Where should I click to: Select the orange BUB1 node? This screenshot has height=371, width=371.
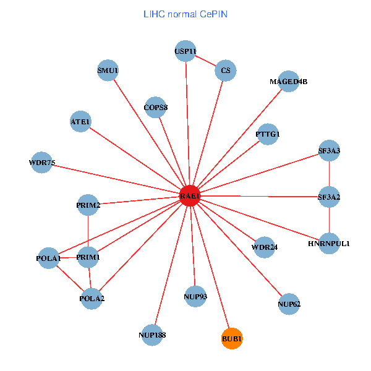pos(232,338)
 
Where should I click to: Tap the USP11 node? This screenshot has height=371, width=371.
pos(185,51)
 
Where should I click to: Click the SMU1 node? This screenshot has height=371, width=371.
pos(108,70)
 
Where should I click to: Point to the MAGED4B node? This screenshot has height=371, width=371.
pos(289,81)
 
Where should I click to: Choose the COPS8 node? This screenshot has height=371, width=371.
pos(156,108)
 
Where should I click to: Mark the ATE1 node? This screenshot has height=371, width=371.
pos(81,122)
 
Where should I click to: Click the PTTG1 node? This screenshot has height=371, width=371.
pos(268,134)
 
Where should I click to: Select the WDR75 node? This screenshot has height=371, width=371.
pos(42,163)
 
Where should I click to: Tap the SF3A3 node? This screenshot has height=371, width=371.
pos(329,150)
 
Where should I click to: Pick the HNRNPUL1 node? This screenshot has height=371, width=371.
pos(329,243)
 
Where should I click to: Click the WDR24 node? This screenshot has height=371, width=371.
pos(265,247)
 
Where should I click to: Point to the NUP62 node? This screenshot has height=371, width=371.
pos(289,304)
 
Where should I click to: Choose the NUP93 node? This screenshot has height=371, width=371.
pos(195,296)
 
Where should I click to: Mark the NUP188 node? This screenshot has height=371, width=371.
pos(152,335)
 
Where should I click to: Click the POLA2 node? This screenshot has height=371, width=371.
pos(92,299)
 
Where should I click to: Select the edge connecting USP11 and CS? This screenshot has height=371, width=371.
pos(205,61)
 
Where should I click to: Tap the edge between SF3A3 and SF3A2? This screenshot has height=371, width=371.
pos(329,173)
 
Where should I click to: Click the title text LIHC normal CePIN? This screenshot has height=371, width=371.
pos(185,14)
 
